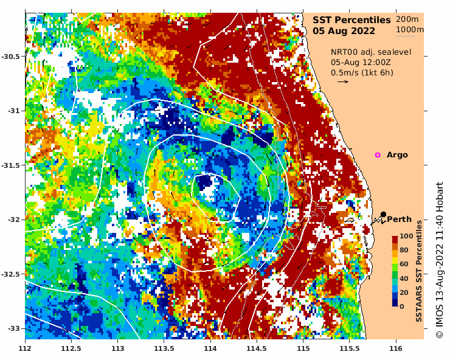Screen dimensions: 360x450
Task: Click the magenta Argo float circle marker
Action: pyautogui.click(x=378, y=155)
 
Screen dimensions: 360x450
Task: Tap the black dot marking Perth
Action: pyautogui.click(x=384, y=214)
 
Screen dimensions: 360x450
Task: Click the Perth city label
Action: pyautogui.click(x=399, y=220)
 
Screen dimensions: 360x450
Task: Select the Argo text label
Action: pyautogui.click(x=397, y=155)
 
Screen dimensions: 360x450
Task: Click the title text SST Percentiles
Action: pyautogui.click(x=351, y=19)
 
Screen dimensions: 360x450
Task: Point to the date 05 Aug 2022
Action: pyautogui.click(x=344, y=31)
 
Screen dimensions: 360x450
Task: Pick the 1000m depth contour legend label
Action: pyautogui.click(x=410, y=30)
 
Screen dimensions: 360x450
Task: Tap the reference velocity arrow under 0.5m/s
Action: pyautogui.click(x=343, y=81)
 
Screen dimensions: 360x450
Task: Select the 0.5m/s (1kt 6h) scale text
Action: pyautogui.click(x=362, y=72)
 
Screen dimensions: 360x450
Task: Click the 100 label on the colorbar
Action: pyautogui.click(x=406, y=236)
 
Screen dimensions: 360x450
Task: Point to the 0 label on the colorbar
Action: pyautogui.click(x=402, y=306)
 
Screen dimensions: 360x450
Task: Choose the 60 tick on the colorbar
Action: pyautogui.click(x=404, y=264)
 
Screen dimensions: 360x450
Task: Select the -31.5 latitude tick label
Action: pyautogui.click(x=12, y=165)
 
